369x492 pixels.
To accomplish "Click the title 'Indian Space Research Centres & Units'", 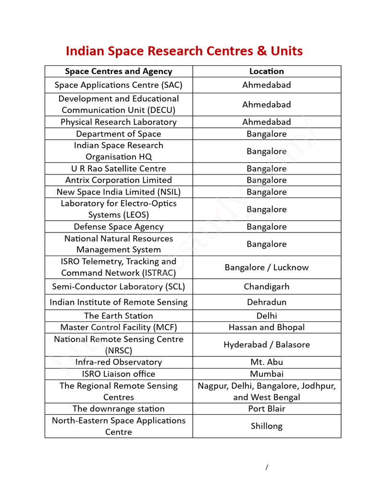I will point(184,51).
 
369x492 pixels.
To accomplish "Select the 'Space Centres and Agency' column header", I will point(119,71).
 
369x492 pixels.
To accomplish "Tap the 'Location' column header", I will point(267,71).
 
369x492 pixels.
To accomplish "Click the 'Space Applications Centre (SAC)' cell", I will point(119,85).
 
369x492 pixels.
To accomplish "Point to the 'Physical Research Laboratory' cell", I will point(119,122).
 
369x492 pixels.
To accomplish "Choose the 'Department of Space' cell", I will point(119,134).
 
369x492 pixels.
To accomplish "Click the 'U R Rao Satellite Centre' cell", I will point(119,169).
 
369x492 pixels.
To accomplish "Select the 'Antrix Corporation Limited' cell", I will point(119,180).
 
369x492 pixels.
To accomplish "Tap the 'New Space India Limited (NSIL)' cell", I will point(119,192).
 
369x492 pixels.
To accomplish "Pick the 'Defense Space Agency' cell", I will point(119,227).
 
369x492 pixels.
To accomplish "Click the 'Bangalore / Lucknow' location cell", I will point(267,267).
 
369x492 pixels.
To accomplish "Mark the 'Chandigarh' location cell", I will point(267,287).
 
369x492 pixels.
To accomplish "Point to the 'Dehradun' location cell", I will point(267,302).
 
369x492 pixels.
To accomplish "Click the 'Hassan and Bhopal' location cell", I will point(267,328).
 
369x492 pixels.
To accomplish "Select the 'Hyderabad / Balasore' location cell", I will point(267,344).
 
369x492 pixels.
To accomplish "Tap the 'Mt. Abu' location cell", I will point(267,362).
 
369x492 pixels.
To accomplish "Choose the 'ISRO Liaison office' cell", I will point(119,374).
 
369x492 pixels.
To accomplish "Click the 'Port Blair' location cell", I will point(267,409).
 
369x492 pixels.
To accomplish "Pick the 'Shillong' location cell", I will point(267,426).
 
